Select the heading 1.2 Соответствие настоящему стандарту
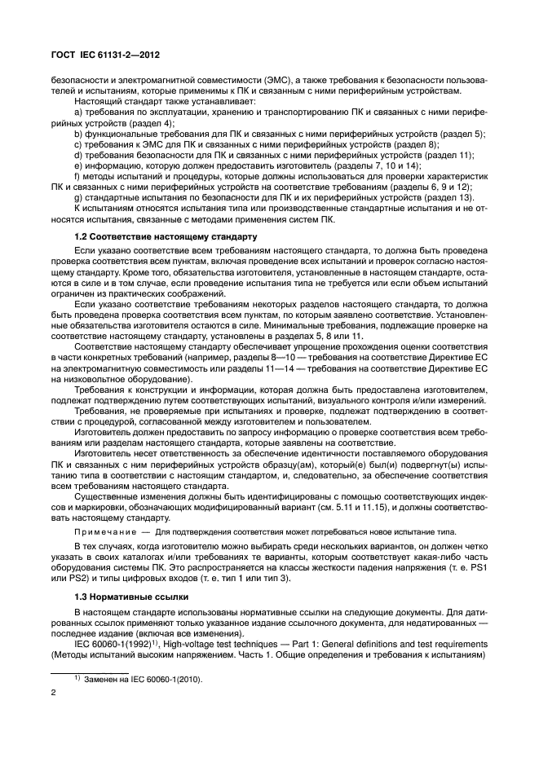click(x=143, y=236)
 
